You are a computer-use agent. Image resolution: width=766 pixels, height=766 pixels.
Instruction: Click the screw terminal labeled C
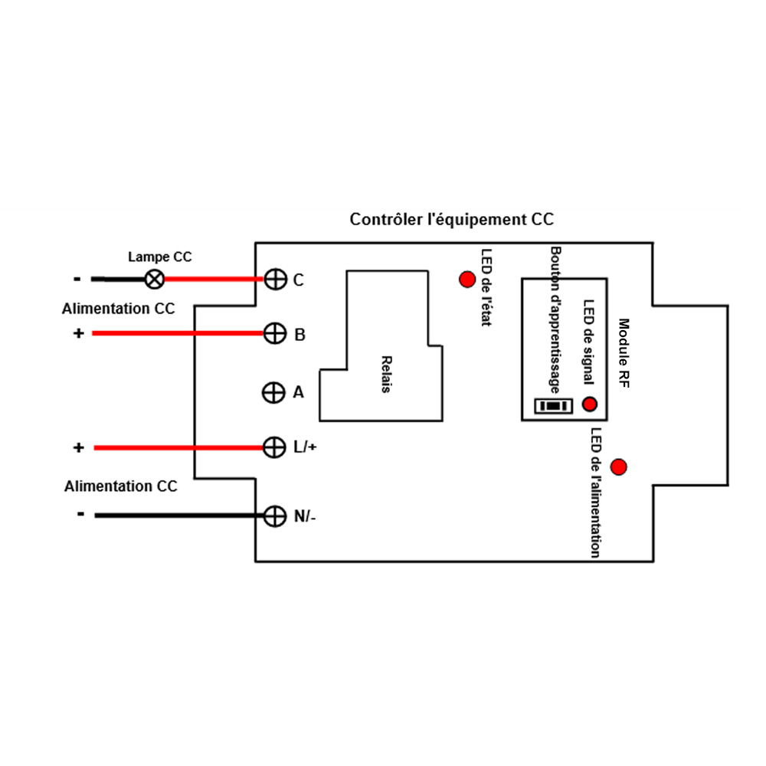point(276,280)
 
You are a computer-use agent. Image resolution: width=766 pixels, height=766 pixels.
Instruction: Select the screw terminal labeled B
point(275,334)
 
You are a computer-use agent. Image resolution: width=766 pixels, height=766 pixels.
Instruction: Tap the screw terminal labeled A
point(273,392)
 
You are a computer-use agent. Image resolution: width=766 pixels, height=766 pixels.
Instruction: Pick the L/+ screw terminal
point(274,447)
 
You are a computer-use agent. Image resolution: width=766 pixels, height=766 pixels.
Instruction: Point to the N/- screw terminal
point(275,516)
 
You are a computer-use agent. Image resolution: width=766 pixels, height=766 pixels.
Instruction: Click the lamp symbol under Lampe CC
point(155,280)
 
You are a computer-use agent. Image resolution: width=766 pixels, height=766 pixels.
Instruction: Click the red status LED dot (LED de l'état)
point(467,280)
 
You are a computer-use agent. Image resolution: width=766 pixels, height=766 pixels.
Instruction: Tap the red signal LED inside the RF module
point(590,404)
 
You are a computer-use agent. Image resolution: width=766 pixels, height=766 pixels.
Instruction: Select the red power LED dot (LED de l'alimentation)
point(618,467)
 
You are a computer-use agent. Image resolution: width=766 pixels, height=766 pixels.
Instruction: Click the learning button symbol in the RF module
point(554,406)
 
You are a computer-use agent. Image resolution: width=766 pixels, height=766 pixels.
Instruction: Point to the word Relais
point(386,375)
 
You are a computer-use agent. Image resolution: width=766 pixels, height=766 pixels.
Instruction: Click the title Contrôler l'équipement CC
point(452,219)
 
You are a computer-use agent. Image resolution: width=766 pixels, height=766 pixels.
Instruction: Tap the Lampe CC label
point(160,257)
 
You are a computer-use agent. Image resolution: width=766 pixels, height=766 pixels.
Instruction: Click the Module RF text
point(624,353)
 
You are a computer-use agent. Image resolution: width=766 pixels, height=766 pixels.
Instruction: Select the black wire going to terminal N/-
point(179,516)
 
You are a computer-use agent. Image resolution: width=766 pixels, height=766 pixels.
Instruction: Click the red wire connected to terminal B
point(178,333)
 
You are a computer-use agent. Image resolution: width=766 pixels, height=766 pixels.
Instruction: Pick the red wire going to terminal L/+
point(178,447)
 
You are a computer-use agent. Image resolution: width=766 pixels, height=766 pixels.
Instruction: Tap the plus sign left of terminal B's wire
point(79,333)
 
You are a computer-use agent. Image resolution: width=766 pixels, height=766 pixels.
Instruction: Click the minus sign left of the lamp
point(77,279)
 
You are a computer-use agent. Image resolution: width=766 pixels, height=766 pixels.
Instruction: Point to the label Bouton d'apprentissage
point(555,320)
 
